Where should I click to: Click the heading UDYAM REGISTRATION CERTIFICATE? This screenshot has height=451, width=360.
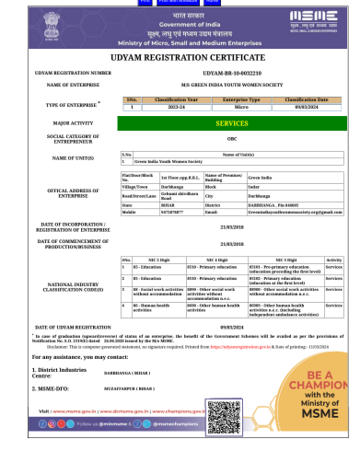click(x=180, y=56)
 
